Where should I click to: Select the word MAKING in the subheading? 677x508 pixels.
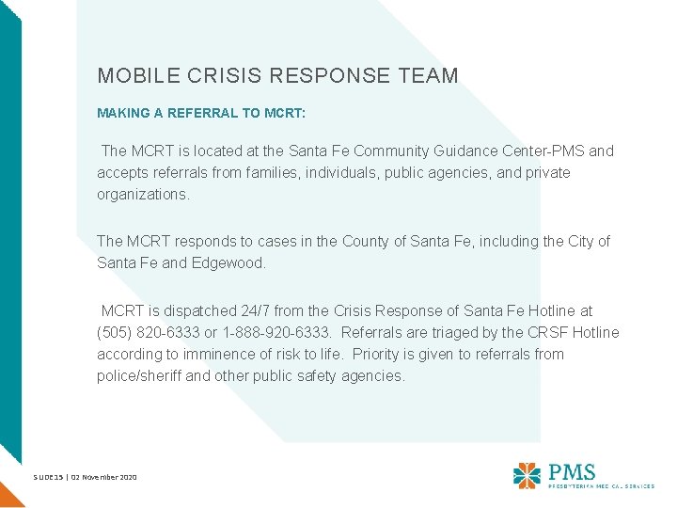pyautogui.click(x=120, y=113)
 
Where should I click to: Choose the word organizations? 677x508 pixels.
pyautogui.click(x=143, y=195)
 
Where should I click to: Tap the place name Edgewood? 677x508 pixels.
pyautogui.click(x=228, y=263)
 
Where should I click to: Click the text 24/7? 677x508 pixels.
pyautogui.click(x=249, y=310)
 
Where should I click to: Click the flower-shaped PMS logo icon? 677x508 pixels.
pyautogui.click(x=527, y=475)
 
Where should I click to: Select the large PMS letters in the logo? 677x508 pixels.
pyautogui.click(x=573, y=470)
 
